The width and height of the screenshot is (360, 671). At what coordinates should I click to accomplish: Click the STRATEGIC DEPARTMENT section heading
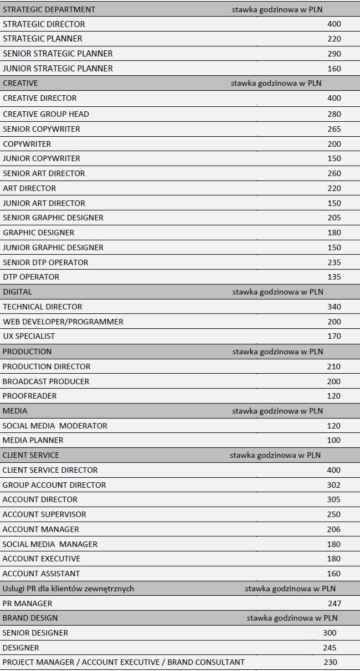coord(49,9)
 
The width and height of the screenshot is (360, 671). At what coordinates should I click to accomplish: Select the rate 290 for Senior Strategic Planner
coord(334,54)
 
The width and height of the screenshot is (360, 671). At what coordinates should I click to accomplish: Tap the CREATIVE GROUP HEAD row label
coord(46,114)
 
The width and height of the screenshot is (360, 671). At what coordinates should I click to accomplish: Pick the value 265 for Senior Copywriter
coord(334,129)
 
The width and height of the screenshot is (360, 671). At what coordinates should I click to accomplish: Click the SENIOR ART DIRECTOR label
coord(44,173)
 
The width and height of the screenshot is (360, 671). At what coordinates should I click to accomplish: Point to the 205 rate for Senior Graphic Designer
coord(334,218)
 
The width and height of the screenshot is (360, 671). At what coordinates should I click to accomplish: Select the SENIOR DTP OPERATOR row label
coord(45,262)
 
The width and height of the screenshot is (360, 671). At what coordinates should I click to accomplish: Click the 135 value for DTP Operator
coord(334,277)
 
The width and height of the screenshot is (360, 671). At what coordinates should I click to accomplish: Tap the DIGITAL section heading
coord(17,292)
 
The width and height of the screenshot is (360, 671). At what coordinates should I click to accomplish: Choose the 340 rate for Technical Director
coord(334,307)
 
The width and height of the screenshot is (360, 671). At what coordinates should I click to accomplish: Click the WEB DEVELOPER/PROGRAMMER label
coord(63,322)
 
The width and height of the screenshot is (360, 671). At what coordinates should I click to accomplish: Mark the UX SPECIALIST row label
coord(29,336)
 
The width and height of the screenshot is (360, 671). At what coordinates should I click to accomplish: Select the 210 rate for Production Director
coord(334,367)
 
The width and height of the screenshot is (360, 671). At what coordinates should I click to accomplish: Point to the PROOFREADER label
coord(29,396)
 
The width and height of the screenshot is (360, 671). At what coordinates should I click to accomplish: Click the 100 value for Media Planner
coord(334,440)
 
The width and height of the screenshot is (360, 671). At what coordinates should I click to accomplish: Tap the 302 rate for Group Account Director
coord(334,485)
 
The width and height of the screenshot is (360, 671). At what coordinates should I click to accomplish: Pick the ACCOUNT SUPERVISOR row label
coord(44,514)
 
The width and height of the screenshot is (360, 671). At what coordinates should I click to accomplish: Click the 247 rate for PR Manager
coord(335,603)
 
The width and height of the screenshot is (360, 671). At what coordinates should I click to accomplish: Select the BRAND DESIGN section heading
coord(30,618)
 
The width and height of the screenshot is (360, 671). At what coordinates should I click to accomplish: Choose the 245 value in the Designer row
coord(330,648)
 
